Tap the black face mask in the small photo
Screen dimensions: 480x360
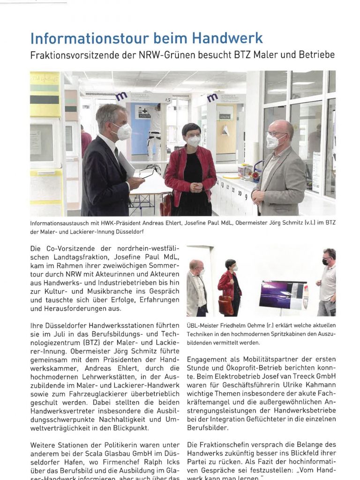point(325,262)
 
